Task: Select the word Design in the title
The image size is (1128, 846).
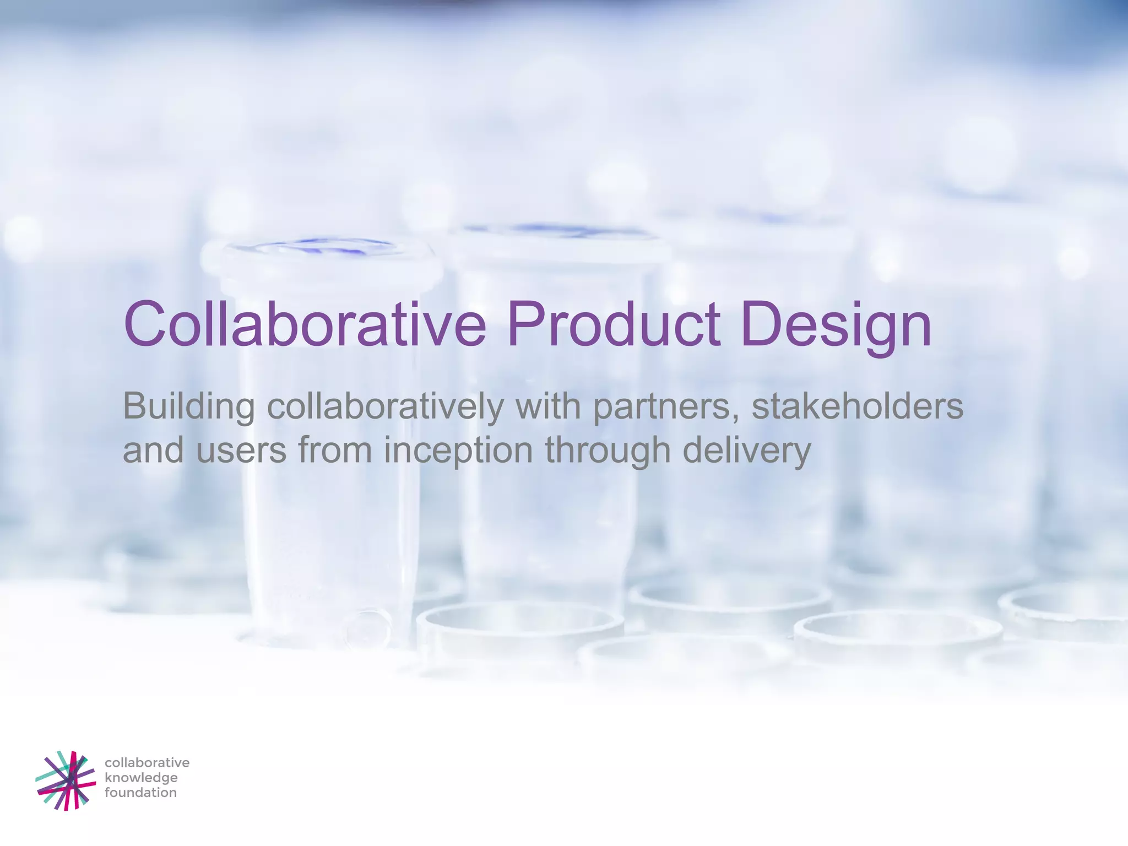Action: tap(836, 325)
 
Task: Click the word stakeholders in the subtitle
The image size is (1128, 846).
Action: tap(857, 406)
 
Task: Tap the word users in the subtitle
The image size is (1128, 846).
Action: tap(241, 450)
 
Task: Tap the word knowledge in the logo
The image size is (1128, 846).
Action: tap(141, 778)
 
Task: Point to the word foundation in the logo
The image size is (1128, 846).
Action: tap(140, 793)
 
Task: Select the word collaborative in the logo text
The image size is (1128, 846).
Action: tap(147, 763)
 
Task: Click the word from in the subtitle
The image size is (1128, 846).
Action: tap(335, 450)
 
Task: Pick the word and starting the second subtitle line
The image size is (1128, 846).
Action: tap(153, 450)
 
